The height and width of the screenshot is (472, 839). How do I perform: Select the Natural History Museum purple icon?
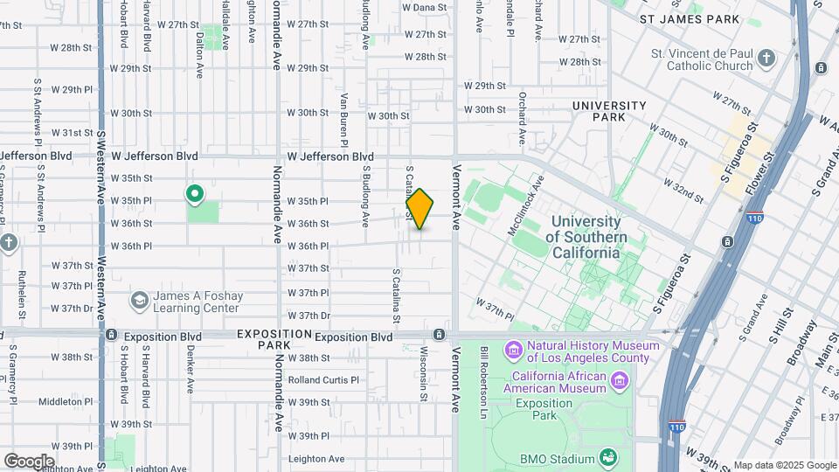513,351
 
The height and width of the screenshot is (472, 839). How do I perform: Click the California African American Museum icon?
620,380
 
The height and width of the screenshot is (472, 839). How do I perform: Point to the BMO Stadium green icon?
606,457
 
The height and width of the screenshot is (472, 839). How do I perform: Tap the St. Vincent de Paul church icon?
766,59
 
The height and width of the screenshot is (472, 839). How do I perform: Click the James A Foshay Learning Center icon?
139,302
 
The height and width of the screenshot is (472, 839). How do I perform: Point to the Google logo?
29,461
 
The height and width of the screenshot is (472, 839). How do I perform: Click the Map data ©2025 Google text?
785,465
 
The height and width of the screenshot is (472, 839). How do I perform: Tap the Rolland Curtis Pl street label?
323,380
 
